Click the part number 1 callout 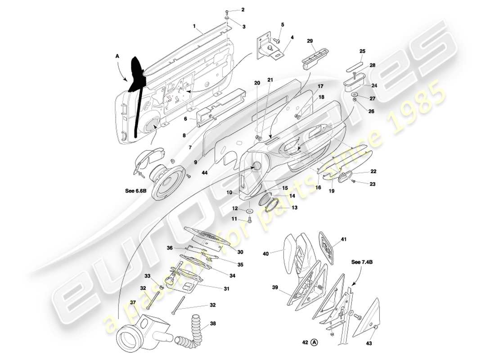coord(194,27)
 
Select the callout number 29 coord(310,41)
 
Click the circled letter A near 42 coord(315,342)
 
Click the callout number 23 coord(373,184)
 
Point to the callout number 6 coord(185,119)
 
